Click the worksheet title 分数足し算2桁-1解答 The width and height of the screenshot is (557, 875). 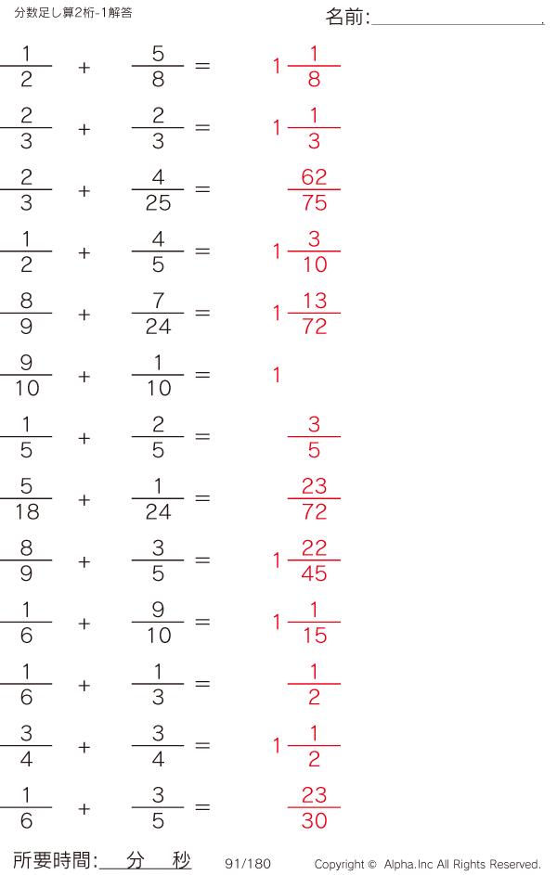tap(73, 12)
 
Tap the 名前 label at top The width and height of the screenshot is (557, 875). tap(348, 18)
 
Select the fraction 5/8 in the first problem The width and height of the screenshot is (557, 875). tap(158, 67)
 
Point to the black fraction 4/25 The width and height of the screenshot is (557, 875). tap(158, 190)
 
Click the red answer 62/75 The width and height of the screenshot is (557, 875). tap(314, 190)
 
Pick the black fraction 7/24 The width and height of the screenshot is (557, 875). tap(158, 314)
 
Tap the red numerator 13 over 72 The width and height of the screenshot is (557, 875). tap(315, 301)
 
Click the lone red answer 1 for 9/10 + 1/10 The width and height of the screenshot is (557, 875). tap(277, 376)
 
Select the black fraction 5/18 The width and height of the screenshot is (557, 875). tap(26, 499)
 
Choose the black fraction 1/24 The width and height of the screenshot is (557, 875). tap(158, 499)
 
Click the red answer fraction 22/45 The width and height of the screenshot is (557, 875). tap(314, 561)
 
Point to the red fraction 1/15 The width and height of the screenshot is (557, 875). tap(314, 623)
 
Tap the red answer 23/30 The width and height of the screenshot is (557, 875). tap(314, 808)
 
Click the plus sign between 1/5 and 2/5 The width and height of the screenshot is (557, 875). tap(84, 438)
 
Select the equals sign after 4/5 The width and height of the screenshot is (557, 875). tap(202, 252)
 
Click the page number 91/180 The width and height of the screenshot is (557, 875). tap(248, 864)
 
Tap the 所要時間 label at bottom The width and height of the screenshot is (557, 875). tap(55, 861)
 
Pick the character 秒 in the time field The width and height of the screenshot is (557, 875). tap(181, 860)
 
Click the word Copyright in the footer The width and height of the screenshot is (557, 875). tap(339, 865)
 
